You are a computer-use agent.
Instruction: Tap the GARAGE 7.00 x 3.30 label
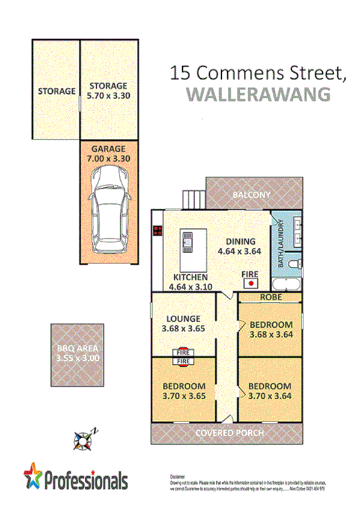(x=108, y=154)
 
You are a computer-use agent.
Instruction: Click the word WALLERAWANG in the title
(x=259, y=94)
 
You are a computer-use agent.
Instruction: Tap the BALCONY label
(x=252, y=195)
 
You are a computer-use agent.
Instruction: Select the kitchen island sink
(x=186, y=242)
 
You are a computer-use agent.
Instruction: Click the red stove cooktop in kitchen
(x=158, y=230)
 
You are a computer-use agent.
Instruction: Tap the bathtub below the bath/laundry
(x=288, y=284)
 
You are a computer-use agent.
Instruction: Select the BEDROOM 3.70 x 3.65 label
(x=185, y=390)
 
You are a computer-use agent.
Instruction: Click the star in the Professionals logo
(x=34, y=476)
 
